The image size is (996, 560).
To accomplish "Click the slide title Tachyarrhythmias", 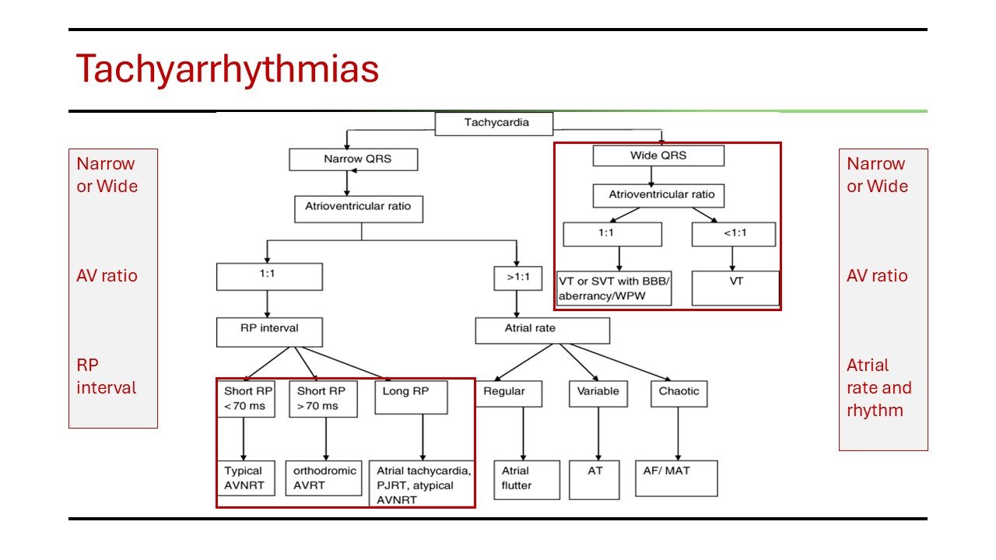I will point(226,69).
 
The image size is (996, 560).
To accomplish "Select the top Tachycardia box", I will point(493,124).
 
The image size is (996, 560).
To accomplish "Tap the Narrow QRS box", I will point(353,159).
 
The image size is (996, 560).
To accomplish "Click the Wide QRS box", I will point(658,156).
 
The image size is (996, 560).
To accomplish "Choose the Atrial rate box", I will point(542,330).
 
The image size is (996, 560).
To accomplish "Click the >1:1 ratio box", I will point(517,278).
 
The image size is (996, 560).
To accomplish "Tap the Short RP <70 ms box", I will point(245,397).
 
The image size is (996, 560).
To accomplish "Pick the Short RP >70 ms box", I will point(323,397).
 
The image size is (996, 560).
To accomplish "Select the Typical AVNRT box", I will point(245,478).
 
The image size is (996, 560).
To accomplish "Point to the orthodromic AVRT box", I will point(326,478).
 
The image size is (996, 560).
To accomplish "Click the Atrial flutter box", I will point(526,479).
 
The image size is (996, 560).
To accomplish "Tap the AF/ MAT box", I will point(677,478).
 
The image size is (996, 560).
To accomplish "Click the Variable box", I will point(598,394).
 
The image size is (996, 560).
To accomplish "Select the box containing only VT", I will point(735,287).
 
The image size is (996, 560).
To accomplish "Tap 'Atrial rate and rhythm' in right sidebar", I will point(879,387).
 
